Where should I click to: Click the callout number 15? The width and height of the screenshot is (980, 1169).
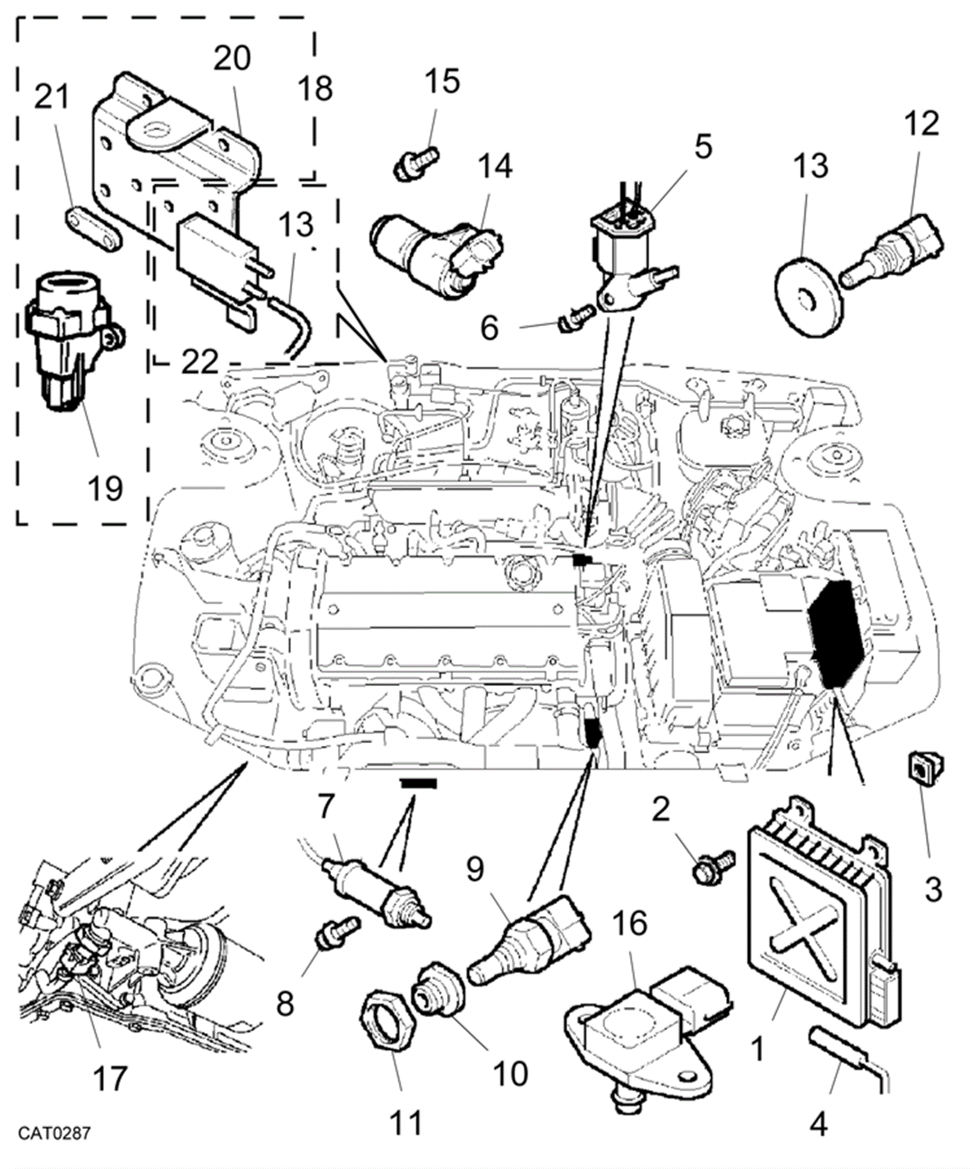442,81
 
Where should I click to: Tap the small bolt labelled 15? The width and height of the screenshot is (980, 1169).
416,163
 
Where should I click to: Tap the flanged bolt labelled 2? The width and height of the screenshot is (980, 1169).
712,867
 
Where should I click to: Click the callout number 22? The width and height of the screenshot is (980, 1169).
199,362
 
